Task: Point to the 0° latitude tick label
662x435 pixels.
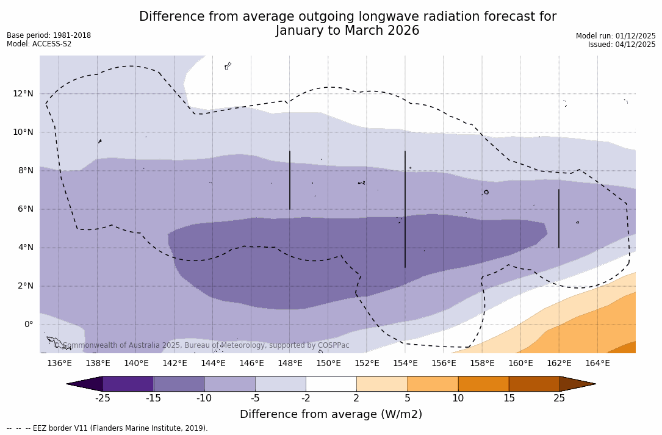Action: coord(27,325)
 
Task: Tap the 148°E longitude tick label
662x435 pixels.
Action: coord(290,364)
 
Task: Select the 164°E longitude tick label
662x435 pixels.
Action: coord(597,364)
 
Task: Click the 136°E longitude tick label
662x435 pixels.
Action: coord(59,364)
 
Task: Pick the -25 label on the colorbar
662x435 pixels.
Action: coord(103,398)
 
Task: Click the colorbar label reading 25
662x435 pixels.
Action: coord(559,398)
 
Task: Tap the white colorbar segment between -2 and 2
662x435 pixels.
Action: coord(331,384)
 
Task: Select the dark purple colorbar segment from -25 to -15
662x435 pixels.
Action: coord(128,384)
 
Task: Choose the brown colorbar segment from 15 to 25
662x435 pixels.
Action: coord(534,384)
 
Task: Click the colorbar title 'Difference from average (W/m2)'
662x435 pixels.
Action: coord(331,414)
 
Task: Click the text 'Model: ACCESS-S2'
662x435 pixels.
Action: coord(39,44)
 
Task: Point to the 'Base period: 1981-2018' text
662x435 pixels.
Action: coord(49,35)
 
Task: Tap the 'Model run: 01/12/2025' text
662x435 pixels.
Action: coord(616,36)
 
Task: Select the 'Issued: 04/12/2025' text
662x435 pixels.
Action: coord(622,45)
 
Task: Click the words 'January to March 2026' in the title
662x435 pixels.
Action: coord(347,31)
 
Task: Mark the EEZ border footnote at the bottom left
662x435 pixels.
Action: coord(107,428)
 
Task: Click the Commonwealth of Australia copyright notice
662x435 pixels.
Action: coord(201,345)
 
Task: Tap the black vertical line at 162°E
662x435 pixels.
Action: coord(558,218)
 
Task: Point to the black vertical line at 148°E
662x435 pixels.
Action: coord(290,180)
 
